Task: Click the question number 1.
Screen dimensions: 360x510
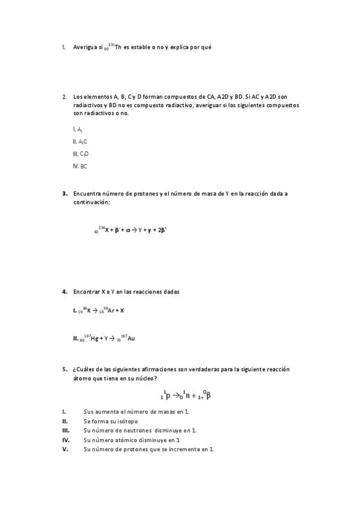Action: click(64, 47)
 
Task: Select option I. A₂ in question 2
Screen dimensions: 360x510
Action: click(77, 129)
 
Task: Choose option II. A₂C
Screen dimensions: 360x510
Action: click(79, 141)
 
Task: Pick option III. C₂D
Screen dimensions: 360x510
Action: click(80, 154)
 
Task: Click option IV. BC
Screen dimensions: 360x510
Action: click(79, 166)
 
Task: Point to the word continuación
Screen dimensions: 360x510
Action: click(91, 202)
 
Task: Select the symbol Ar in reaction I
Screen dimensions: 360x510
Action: click(108, 310)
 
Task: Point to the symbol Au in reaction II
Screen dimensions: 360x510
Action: click(131, 339)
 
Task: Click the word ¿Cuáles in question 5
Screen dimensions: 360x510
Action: click(84, 369)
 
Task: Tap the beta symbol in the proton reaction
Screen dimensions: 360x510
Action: click(208, 396)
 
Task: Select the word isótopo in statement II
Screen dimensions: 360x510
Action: click(124, 421)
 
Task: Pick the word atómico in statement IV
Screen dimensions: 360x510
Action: click(130, 440)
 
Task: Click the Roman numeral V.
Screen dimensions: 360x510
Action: click(64, 449)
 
